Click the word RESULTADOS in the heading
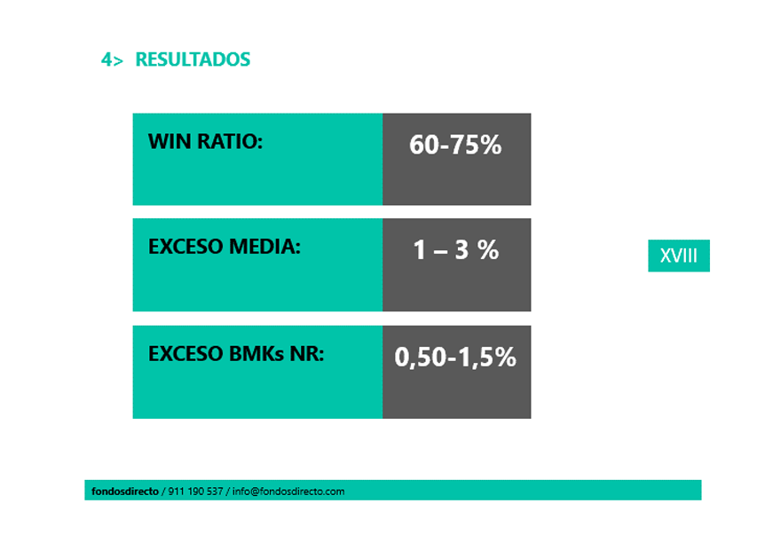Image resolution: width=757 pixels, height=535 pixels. (193, 59)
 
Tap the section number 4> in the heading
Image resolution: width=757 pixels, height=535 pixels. (112, 59)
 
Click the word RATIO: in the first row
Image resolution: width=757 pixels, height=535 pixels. (230, 141)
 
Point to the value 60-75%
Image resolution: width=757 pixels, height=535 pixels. (455, 145)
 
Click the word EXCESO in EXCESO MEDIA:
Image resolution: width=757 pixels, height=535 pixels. (185, 247)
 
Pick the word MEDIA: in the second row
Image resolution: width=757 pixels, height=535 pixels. (264, 247)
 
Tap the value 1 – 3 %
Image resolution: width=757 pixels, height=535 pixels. (456, 250)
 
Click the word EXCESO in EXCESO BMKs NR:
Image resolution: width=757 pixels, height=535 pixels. (185, 354)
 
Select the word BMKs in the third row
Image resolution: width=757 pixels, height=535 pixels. (256, 354)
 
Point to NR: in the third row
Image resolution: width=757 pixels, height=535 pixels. (307, 354)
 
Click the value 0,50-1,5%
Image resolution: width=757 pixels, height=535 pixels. (455, 358)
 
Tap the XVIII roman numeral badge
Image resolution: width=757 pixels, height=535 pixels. (679, 256)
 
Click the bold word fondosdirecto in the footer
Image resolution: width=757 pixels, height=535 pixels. (125, 492)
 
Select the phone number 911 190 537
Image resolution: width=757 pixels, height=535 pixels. (195, 492)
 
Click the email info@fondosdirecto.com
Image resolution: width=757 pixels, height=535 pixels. (288, 492)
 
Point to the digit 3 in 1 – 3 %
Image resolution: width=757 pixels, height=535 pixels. (462, 250)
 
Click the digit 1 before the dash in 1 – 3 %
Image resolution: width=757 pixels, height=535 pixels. (419, 250)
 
